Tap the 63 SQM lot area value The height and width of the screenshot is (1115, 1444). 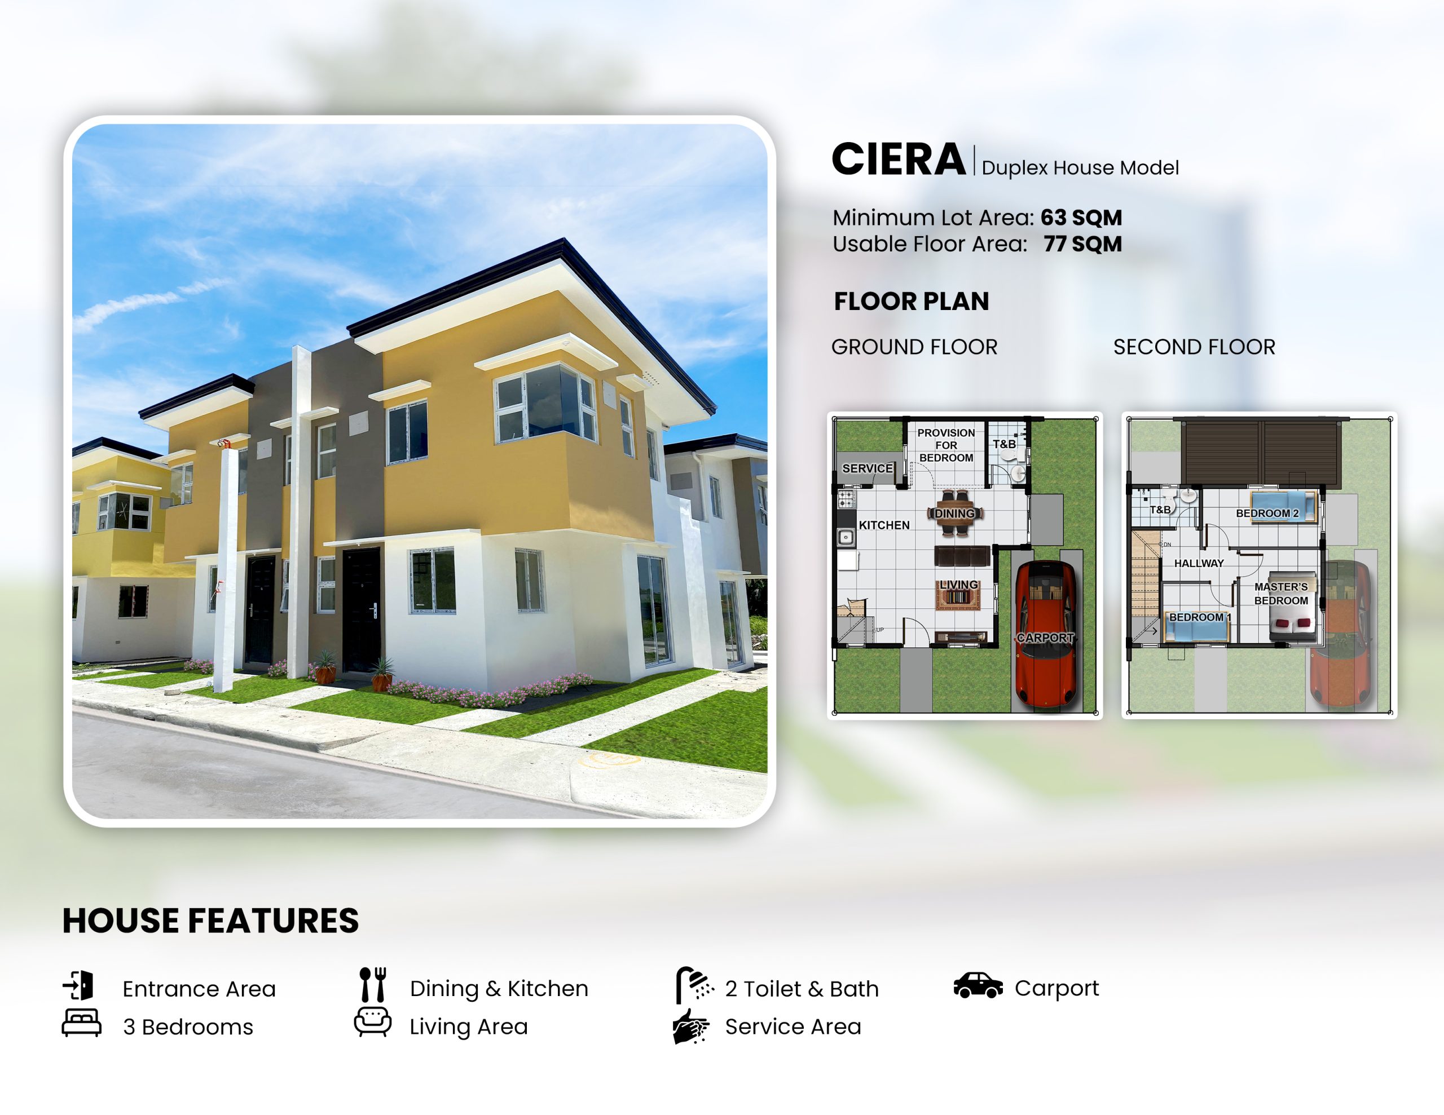pos(1081,218)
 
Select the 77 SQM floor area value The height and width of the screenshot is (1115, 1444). pos(1082,244)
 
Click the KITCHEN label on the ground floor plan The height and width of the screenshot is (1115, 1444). pos(884,525)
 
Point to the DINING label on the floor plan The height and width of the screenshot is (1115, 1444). pos(955,514)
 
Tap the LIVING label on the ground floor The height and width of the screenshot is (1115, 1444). pos(959,585)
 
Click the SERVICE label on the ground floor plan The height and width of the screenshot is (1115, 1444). pos(868,468)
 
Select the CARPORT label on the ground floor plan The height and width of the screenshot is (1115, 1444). pos(1045,638)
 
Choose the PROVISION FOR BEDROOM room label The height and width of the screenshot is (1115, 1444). pos(946,445)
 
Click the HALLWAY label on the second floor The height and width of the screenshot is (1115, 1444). pos(1199,563)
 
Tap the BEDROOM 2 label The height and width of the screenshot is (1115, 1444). pos(1267,513)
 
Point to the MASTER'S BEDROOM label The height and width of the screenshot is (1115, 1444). pos(1282,594)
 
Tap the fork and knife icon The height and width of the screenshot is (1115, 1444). pos(373,985)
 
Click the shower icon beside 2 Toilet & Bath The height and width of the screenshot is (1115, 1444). pos(694,985)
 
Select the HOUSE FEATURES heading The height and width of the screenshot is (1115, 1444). pos(210,921)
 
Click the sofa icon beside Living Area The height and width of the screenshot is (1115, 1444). pos(372,1022)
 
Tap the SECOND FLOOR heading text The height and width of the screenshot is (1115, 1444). pos(1194,347)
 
